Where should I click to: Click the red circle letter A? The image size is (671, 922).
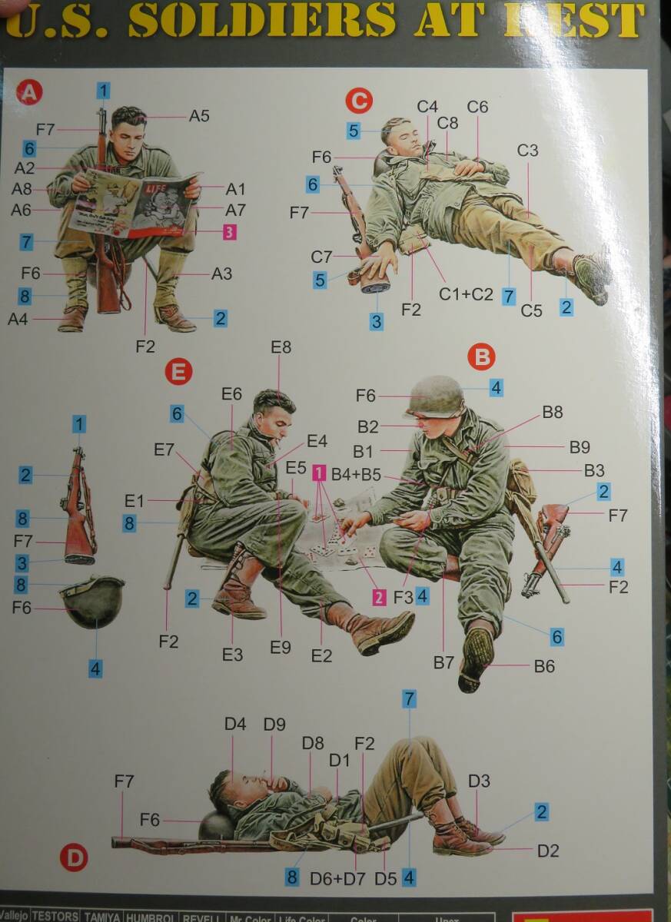pos(29,94)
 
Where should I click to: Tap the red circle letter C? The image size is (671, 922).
pos(359,100)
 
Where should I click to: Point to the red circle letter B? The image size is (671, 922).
pos(482,356)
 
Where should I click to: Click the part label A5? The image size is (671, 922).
pos(199,117)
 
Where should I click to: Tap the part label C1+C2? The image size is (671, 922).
pos(467,294)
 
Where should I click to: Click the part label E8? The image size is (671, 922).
pos(281,347)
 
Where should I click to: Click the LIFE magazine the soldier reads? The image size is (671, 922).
pos(135,203)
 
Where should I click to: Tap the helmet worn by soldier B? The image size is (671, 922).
pos(436,396)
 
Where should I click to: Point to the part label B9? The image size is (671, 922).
pos(580,446)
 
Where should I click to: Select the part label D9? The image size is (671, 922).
pos(274,725)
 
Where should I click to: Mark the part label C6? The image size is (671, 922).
pos(477,108)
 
